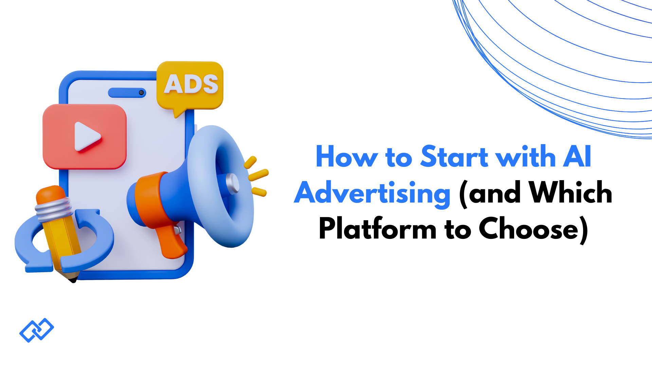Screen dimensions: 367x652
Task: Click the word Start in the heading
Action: coord(454,157)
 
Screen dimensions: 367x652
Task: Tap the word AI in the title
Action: coord(577,157)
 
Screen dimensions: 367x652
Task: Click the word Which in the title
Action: coord(570,193)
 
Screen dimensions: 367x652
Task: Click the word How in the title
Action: coord(346,157)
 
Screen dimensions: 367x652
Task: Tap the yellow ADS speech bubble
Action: coord(190,85)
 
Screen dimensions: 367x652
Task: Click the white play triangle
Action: coord(87,136)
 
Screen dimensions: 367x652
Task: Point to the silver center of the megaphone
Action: coord(233,183)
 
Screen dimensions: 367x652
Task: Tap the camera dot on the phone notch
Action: coord(141,92)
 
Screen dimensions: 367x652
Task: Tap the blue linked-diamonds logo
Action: coord(37,330)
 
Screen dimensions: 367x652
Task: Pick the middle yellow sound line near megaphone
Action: coord(258,175)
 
